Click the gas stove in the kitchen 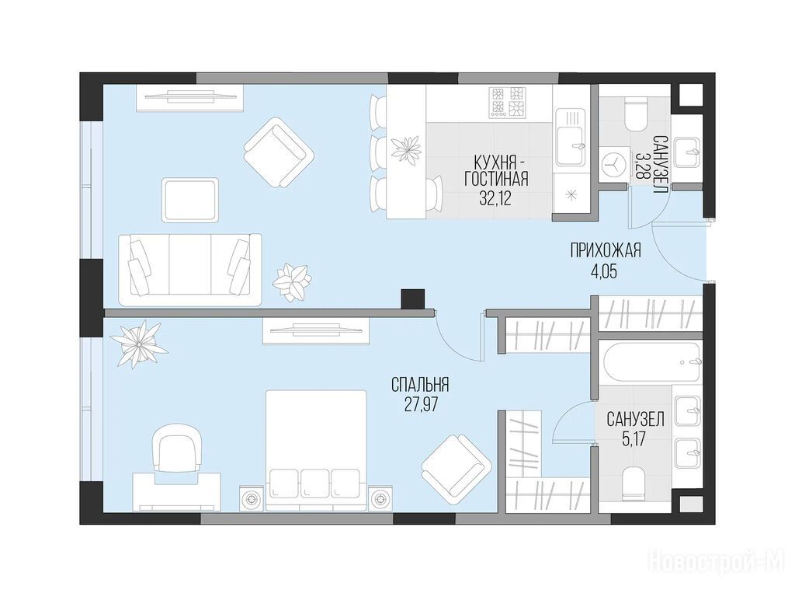(x=507, y=103)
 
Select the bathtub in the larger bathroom (x=651, y=363)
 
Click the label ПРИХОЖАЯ (x=606, y=250)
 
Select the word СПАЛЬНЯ (x=420, y=385)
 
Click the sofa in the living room (x=190, y=270)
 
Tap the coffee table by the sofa (x=190, y=200)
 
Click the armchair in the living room (x=279, y=152)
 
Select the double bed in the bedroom (x=316, y=450)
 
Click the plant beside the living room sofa (x=292, y=281)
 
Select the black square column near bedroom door (x=412, y=299)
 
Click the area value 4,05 (x=606, y=271)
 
